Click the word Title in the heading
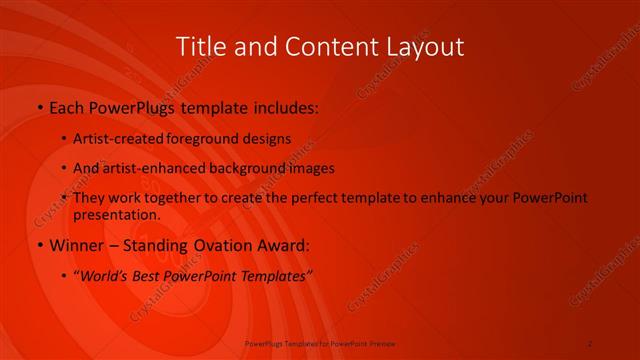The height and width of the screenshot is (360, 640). [x=201, y=47]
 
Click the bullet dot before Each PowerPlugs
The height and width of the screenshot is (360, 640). [x=39, y=106]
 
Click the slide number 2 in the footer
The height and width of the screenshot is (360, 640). [x=590, y=343]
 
